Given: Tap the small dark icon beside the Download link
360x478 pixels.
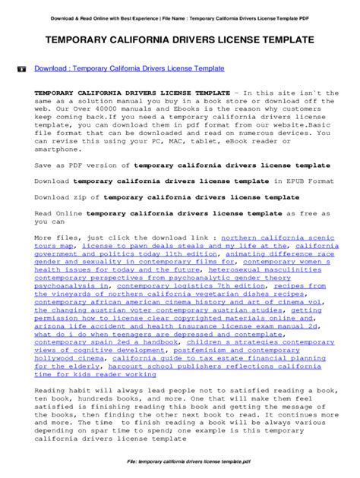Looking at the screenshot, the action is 21,68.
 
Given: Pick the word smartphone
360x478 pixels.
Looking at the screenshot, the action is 58,150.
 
